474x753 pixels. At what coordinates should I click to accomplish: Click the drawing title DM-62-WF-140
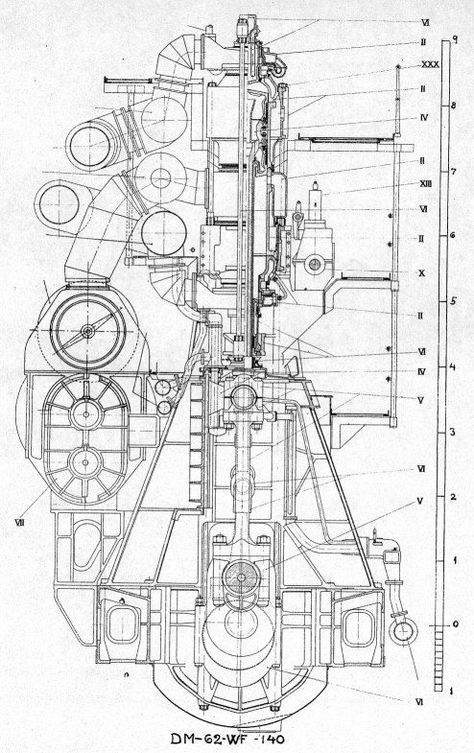[x=227, y=739]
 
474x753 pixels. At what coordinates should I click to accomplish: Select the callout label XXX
[x=430, y=64]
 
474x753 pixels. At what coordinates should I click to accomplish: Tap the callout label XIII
[x=424, y=183]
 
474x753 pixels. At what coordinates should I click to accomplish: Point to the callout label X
[x=422, y=273]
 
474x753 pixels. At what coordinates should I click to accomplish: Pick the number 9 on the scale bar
[x=454, y=39]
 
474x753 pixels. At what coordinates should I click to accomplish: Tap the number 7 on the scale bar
[x=452, y=171]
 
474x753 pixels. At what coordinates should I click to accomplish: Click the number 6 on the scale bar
[x=452, y=235]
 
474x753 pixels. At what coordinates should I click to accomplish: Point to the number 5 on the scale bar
[x=452, y=301]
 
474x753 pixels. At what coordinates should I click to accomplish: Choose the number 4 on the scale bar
[x=452, y=366]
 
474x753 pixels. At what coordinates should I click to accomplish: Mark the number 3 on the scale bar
[x=452, y=432]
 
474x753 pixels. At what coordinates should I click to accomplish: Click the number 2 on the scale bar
[x=452, y=496]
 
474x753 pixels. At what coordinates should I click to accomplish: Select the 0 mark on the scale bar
[x=455, y=624]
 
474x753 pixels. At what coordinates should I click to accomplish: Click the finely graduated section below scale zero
[x=438, y=658]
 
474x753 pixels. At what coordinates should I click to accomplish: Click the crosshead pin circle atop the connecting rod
[x=243, y=398]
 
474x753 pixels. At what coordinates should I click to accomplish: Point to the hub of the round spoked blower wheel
[x=88, y=331]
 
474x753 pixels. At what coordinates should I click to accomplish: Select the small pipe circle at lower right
[x=402, y=631]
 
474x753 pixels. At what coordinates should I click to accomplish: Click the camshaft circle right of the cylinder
[x=315, y=264]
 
